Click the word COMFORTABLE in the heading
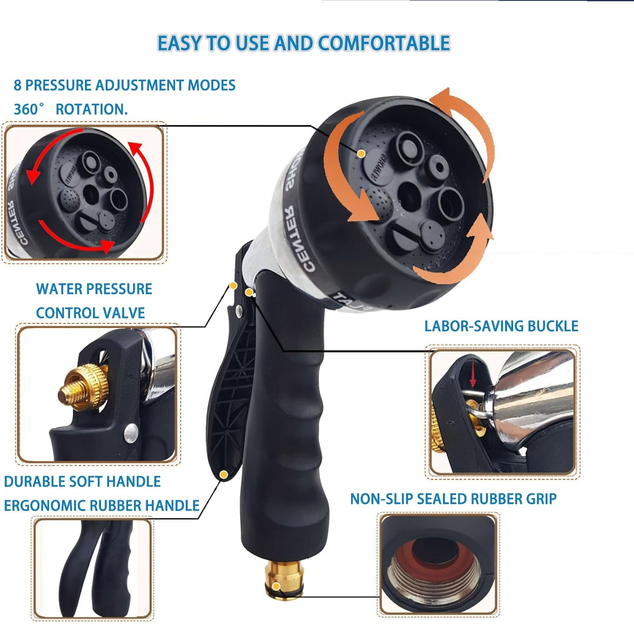[384, 43]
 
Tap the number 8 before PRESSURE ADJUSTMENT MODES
[17, 85]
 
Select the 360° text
[28, 109]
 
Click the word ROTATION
[91, 109]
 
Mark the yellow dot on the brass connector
[276, 586]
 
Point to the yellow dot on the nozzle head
[361, 154]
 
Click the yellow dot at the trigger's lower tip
[224, 475]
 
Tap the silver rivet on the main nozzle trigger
[239, 311]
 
